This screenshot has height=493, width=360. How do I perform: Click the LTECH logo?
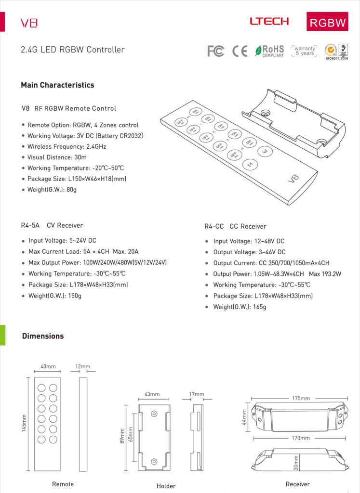pos(269,21)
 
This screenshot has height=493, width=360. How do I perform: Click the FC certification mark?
pos(215,51)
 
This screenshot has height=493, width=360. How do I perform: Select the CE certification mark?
pos(240,51)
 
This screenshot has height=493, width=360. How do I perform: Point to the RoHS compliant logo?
pos(269,51)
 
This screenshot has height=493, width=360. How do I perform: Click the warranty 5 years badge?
pos(305,51)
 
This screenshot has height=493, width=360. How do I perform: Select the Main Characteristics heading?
pos(57,85)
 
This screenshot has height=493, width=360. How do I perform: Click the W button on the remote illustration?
pos(264,152)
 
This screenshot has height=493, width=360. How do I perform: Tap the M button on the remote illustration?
pos(250,165)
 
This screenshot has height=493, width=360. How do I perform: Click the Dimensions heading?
pos(43,336)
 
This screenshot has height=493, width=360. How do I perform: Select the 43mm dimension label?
pos(152,394)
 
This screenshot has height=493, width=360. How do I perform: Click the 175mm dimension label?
pos(301,398)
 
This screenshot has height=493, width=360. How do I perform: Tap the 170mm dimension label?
pos(301,438)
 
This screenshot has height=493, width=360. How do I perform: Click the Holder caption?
pos(166,486)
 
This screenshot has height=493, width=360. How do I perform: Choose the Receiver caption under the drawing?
pos(297,484)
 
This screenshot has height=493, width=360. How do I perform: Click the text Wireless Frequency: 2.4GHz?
pos(67,146)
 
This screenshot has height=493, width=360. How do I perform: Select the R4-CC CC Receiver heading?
pos(235,226)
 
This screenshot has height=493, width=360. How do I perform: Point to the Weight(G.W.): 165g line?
pos(240,307)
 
